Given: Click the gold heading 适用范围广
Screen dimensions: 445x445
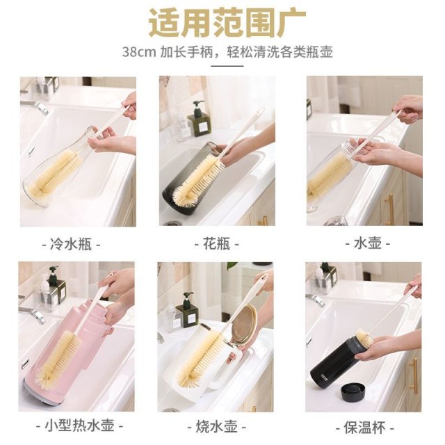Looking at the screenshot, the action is point(227,23).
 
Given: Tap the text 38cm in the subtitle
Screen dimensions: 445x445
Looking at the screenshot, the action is point(139,52).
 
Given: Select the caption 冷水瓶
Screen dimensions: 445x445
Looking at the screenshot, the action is point(71,244).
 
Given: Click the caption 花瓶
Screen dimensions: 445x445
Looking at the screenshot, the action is point(216,244).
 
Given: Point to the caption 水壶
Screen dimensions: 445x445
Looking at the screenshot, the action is point(368,244).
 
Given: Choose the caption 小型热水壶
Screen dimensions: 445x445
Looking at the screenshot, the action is point(80,426).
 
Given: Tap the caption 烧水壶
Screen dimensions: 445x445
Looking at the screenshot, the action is point(216,426).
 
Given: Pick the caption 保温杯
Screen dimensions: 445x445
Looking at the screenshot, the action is point(364,427).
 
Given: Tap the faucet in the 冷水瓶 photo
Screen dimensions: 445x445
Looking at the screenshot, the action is point(35,106).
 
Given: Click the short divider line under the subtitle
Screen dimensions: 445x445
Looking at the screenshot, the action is point(227,66).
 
